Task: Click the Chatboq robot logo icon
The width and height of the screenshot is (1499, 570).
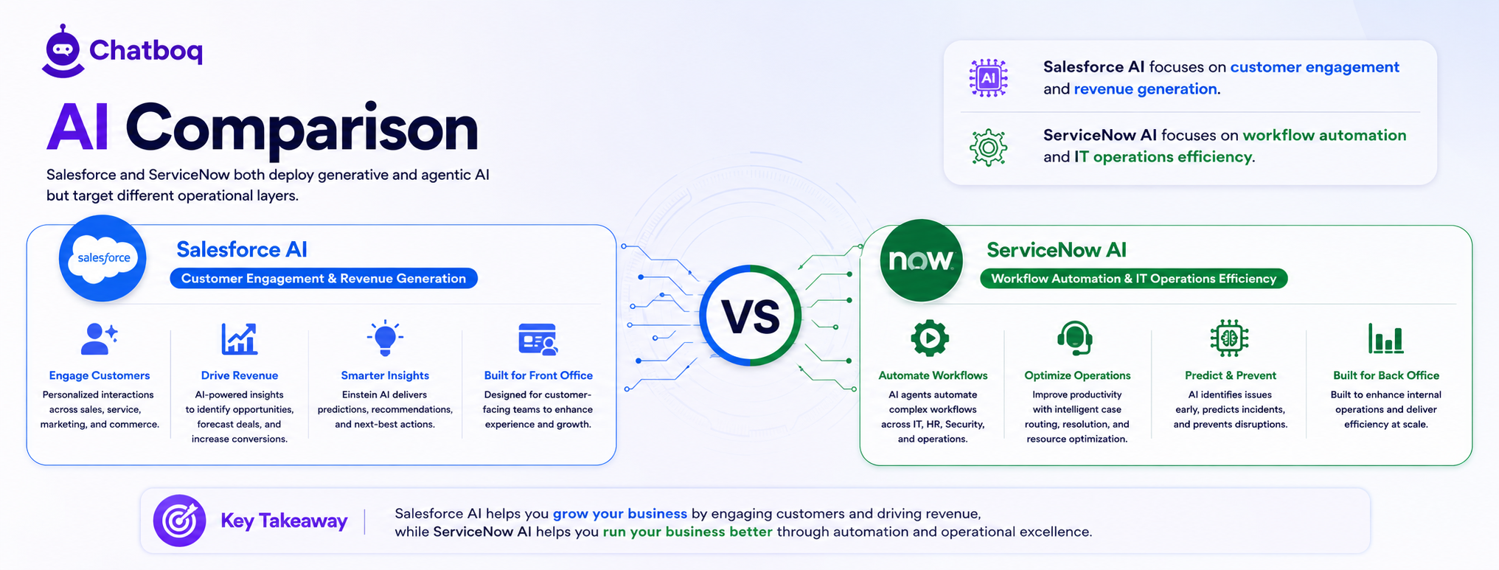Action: [x=63, y=51]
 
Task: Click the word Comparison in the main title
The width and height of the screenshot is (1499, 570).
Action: [x=302, y=128]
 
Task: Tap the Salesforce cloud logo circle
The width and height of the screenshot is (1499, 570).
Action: [x=102, y=258]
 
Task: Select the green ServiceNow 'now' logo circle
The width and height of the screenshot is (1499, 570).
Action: [x=921, y=260]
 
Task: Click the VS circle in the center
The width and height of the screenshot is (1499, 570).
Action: [x=751, y=316]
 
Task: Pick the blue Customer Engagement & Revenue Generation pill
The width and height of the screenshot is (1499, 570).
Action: [x=324, y=278]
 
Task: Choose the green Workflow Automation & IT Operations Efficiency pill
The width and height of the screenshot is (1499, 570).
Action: [x=1133, y=279]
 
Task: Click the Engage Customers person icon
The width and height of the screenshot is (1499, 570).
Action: [x=99, y=339]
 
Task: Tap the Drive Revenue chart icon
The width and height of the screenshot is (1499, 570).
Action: [x=240, y=339]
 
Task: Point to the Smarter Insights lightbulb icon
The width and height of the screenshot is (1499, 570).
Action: [x=385, y=338]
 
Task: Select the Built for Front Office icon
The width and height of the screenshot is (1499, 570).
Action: [x=538, y=339]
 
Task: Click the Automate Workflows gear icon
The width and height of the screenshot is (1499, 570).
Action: [x=930, y=338]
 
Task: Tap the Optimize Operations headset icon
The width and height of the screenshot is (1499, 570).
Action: [x=1075, y=338]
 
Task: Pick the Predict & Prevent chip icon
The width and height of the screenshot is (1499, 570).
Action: [x=1229, y=338]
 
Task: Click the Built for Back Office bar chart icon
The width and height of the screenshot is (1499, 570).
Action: [x=1385, y=338]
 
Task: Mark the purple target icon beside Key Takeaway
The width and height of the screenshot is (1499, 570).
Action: [x=179, y=521]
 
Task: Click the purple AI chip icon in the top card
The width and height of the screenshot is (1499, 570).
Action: [x=988, y=77]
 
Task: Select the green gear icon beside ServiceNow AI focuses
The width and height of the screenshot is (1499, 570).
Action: [x=988, y=147]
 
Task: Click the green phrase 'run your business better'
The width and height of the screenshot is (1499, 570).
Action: [x=687, y=532]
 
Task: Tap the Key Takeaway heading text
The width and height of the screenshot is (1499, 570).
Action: [x=284, y=521]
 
